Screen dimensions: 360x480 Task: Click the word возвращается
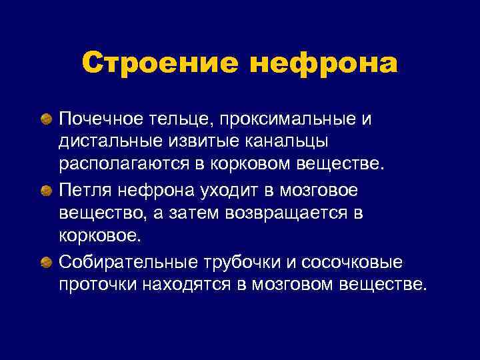[x=289, y=214]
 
